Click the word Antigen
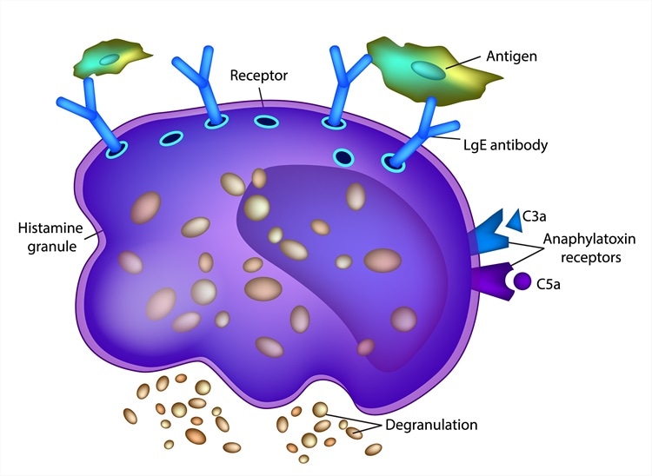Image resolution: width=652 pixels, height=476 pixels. click(511, 56)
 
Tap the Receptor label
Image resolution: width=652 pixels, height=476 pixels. click(259, 76)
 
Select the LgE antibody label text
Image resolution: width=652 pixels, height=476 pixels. click(506, 145)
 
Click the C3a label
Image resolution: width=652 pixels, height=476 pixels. click(534, 216)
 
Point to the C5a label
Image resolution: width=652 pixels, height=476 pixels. click(548, 285)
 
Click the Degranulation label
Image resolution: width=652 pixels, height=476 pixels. click(431, 425)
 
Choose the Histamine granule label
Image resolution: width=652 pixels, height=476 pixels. click(50, 237)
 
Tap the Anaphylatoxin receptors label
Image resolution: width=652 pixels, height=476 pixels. click(589, 248)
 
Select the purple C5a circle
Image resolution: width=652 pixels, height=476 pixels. click(522, 281)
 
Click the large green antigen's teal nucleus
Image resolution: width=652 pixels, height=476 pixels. click(428, 70)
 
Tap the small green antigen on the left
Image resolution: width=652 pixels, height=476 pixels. click(110, 58)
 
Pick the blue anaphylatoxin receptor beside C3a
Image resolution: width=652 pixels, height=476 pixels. click(489, 233)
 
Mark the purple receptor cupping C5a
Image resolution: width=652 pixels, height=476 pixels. click(495, 281)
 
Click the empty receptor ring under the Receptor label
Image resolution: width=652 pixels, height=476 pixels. click(267, 122)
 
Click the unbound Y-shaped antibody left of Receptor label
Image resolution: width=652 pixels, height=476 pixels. click(200, 85)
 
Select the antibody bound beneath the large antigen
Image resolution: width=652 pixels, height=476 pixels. click(420, 133)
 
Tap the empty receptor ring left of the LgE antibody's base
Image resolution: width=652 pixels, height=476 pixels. click(343, 158)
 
